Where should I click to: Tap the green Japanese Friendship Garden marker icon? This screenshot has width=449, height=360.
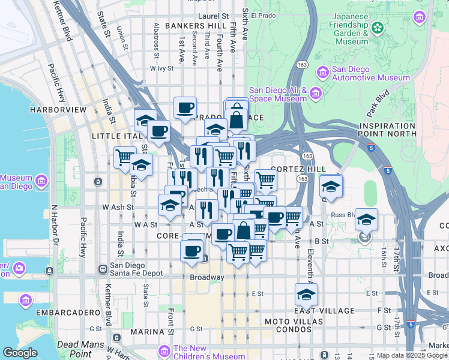378,27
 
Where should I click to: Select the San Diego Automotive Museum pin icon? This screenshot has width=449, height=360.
323,73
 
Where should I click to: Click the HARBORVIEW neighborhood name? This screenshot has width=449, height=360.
52,110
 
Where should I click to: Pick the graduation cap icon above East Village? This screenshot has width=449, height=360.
306,294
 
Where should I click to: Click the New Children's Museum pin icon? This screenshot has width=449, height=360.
164,350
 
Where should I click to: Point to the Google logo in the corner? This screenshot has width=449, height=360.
19,352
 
